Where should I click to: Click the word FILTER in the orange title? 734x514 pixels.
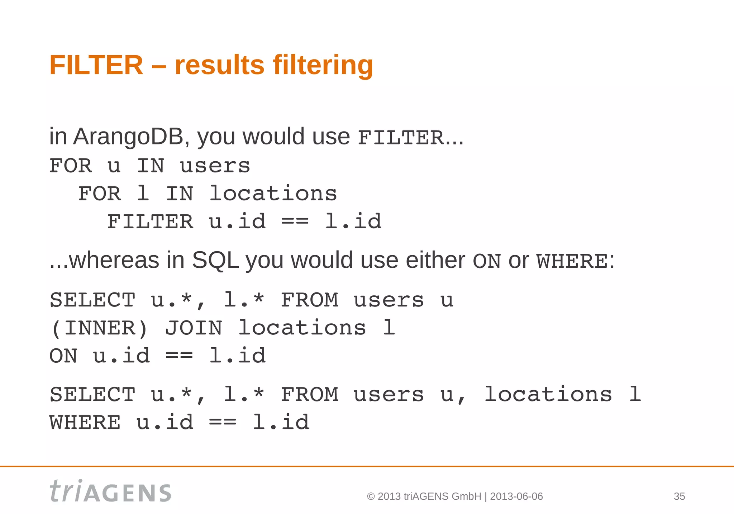click(x=96, y=65)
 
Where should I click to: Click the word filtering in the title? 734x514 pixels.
click(x=323, y=65)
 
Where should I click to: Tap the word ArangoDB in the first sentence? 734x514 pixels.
click(x=128, y=137)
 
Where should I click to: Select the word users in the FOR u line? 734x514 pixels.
click(x=215, y=166)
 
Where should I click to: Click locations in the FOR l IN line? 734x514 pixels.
click(x=273, y=194)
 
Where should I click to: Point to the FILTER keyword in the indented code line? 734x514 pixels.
click(x=150, y=222)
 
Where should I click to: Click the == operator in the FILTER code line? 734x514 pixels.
click(x=295, y=222)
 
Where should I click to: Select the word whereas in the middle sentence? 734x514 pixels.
click(x=114, y=260)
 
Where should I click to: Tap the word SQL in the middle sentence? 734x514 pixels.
click(x=215, y=260)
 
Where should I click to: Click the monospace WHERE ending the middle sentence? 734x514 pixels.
click(x=572, y=261)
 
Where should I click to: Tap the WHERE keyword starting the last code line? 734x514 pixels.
click(x=85, y=423)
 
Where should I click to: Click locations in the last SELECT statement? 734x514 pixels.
click(x=548, y=395)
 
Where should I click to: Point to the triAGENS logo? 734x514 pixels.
click(x=110, y=491)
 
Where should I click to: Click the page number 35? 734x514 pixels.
click(x=679, y=496)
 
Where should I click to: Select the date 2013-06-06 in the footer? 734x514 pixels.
click(x=516, y=496)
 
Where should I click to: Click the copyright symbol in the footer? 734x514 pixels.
click(x=371, y=496)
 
